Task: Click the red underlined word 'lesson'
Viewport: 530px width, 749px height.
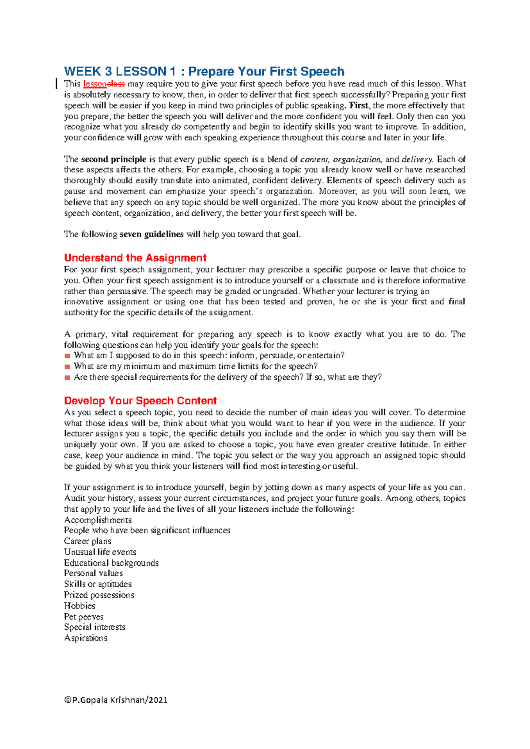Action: [x=95, y=84]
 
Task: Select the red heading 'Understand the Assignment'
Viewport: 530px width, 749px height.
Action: [x=135, y=258]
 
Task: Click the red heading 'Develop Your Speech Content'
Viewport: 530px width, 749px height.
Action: [x=140, y=401]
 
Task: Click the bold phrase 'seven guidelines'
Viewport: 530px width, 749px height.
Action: [x=151, y=235]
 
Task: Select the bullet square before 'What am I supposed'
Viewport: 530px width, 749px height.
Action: [x=67, y=356]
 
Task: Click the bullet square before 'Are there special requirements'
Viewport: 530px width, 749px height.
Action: [x=67, y=378]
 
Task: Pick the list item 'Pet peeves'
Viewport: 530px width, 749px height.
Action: [x=83, y=617]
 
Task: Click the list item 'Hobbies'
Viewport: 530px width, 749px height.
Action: [x=79, y=606]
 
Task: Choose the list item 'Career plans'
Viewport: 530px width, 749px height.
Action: [x=87, y=541]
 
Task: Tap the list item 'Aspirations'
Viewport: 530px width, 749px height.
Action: [x=86, y=638]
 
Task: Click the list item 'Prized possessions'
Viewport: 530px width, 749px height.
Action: [x=99, y=595]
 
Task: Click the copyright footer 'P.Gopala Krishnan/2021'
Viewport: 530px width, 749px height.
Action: [x=116, y=700]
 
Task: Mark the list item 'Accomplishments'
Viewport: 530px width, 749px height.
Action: [x=98, y=520]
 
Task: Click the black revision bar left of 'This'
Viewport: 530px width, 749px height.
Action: [x=57, y=83]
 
